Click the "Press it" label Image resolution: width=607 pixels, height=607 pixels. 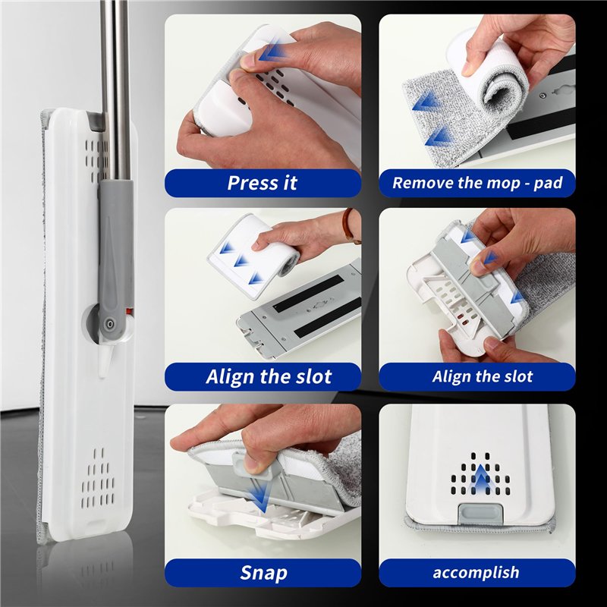262,183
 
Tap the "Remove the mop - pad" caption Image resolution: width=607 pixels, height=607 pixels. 477,183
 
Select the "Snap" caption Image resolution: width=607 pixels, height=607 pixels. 263,573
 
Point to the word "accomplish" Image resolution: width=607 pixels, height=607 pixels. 476,573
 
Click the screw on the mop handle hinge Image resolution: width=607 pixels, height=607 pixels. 111,323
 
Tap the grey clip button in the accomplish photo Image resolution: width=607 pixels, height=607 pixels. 480,514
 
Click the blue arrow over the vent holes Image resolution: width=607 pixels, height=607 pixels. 480,478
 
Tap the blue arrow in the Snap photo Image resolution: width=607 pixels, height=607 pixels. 259,499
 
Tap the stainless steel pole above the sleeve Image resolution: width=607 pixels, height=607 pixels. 115,90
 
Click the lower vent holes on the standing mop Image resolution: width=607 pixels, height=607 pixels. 98,479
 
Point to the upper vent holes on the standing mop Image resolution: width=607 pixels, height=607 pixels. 93,159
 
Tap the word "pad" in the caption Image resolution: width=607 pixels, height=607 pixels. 547,183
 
